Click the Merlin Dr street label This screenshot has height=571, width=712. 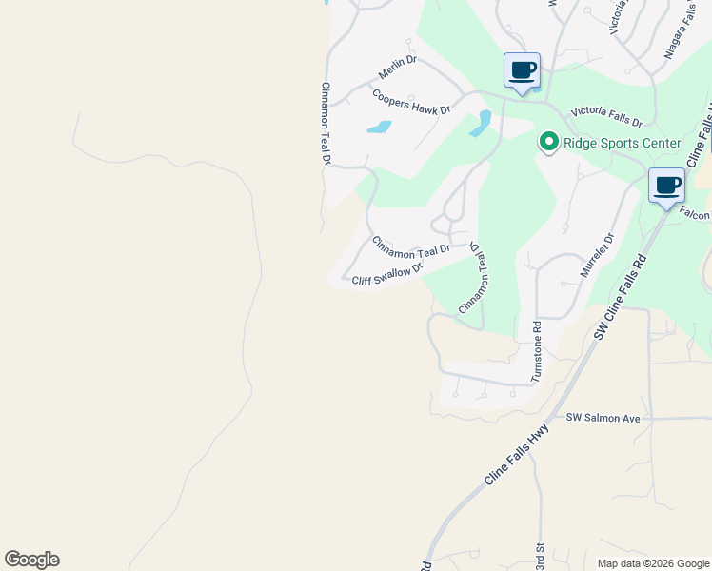pyautogui.click(x=398, y=67)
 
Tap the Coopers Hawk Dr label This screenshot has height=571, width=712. pyautogui.click(x=410, y=103)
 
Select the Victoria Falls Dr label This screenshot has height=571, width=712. pyautogui.click(x=606, y=117)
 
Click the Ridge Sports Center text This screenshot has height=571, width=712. pyautogui.click(x=623, y=144)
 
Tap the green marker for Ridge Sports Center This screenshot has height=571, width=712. pyautogui.click(x=548, y=143)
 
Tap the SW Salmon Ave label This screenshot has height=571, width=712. pyautogui.click(x=603, y=418)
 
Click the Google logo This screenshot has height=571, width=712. pyautogui.click(x=31, y=560)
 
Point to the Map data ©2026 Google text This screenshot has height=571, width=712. pyautogui.click(x=652, y=563)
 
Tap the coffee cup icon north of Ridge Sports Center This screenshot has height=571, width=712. pyautogui.click(x=522, y=69)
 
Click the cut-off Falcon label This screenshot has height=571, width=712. pyautogui.click(x=695, y=215)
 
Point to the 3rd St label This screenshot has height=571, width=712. pyautogui.click(x=539, y=555)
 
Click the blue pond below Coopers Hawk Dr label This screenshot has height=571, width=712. pyautogui.click(x=379, y=127)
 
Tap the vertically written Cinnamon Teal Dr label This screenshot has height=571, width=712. pyautogui.click(x=325, y=125)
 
